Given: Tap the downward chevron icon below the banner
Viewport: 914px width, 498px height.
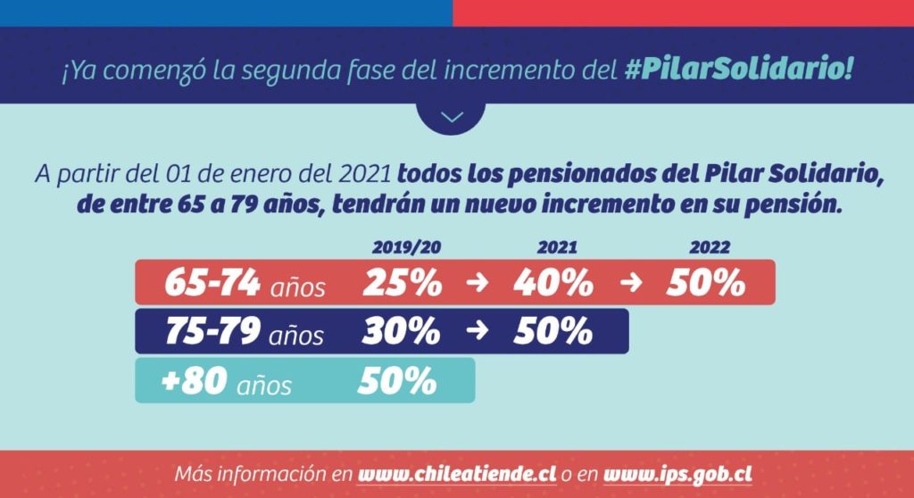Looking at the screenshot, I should pyautogui.click(x=453, y=117).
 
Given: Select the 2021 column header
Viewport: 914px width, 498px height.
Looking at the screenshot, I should pyautogui.click(x=557, y=248).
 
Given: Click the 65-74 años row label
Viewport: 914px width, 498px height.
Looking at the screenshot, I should pyautogui.click(x=245, y=283).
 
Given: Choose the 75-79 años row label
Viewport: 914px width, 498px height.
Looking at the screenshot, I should pyautogui.click(x=245, y=332).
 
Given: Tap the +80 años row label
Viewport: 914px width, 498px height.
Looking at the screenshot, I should pyautogui.click(x=227, y=381).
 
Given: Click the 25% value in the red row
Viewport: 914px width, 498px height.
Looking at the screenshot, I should pyautogui.click(x=402, y=283).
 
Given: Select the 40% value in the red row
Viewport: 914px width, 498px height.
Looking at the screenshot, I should pyautogui.click(x=553, y=283).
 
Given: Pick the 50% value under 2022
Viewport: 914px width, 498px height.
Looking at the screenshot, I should pyautogui.click(x=705, y=283).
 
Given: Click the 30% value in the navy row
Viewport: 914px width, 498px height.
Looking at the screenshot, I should pyautogui.click(x=402, y=332).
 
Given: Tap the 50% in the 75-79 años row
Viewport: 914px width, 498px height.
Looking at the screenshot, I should pyautogui.click(x=553, y=332).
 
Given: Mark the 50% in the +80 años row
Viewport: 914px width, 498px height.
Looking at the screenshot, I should pyautogui.click(x=397, y=381).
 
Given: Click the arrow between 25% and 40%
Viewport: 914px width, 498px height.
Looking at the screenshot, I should pyautogui.click(x=478, y=284).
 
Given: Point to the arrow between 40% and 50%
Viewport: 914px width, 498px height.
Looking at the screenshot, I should pyautogui.click(x=630, y=284).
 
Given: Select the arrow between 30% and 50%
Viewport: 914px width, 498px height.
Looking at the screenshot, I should pyautogui.click(x=478, y=332).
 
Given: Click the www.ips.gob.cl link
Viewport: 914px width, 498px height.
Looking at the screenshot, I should pyautogui.click(x=677, y=473).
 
